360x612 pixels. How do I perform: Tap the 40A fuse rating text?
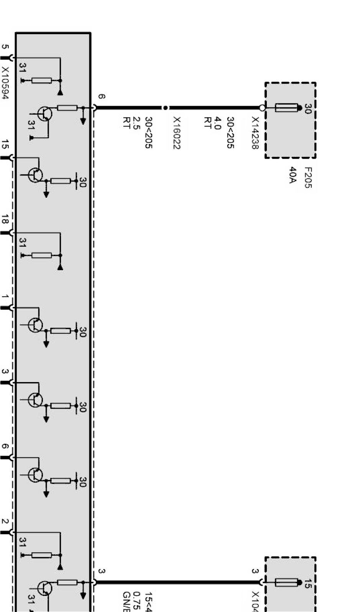coord(293,175)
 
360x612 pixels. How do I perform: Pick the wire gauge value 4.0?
coord(217,124)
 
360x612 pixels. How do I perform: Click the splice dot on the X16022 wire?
coord(165,108)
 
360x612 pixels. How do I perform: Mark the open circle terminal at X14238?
coord(262,108)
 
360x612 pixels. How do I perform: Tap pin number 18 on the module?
coord(5,220)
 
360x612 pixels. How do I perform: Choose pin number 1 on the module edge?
coord(5,297)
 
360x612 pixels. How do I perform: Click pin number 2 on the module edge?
coord(5,522)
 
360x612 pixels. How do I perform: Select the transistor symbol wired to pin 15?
coord(35,175)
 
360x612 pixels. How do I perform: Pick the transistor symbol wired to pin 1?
coord(35,325)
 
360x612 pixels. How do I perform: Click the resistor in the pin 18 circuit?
coord(41,255)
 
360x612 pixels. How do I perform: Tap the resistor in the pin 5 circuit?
coord(41,80)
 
